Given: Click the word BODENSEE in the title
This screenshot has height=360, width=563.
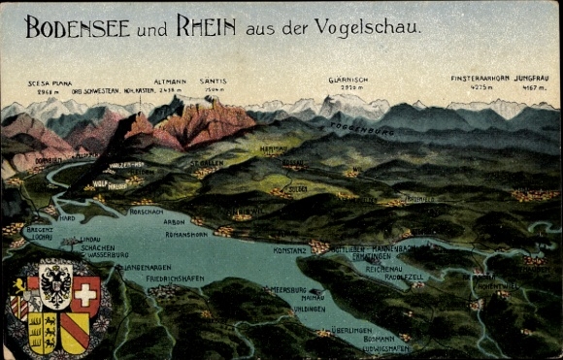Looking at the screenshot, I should tap(79, 27).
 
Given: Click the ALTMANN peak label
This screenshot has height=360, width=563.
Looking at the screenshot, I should tap(170, 82).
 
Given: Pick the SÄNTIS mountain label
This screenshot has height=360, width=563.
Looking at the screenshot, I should tap(213, 82).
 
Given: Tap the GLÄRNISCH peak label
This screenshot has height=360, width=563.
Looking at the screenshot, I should tap(346, 82).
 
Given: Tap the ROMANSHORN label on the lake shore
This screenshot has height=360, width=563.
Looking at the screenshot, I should tap(186, 235).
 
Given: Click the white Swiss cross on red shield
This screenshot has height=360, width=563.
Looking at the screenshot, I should tap(85, 293).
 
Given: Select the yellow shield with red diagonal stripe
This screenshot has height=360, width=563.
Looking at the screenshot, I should tap(75, 332).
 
